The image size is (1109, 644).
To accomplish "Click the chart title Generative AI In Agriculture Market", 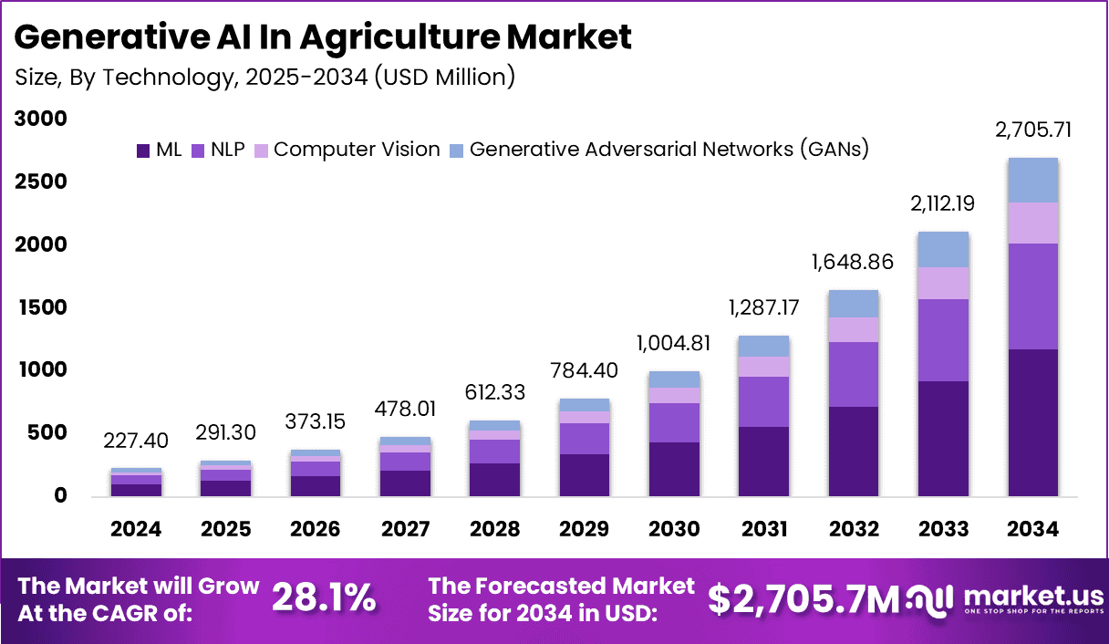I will [x=324, y=37].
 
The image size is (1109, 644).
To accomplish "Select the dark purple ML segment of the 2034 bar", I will [x=1032, y=421].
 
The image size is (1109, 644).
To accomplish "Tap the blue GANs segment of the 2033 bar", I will [x=943, y=249].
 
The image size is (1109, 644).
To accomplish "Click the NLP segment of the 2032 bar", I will [x=854, y=374].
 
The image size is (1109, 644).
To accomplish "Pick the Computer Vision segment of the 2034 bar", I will [x=1032, y=223].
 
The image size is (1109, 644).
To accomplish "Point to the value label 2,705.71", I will [x=1032, y=130].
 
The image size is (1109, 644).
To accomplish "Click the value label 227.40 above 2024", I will [x=137, y=441].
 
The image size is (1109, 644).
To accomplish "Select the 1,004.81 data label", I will [x=674, y=344].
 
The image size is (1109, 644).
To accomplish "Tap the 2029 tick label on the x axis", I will [x=585, y=529].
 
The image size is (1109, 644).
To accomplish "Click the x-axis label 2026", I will [x=316, y=529].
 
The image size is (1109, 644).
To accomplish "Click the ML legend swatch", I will [x=143, y=151].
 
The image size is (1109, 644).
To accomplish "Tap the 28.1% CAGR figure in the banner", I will [x=324, y=598].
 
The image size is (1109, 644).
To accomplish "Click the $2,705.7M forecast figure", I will [x=803, y=598].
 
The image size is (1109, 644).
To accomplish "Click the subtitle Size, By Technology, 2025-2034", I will [x=264, y=77].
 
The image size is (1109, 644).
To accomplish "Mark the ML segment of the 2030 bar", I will [x=674, y=469].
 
